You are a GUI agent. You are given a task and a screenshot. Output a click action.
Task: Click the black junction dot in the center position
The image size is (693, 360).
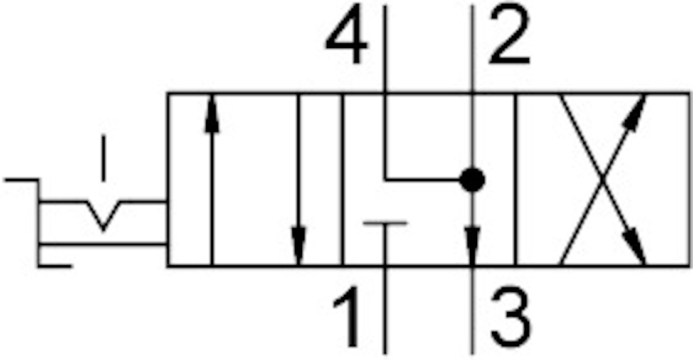472,180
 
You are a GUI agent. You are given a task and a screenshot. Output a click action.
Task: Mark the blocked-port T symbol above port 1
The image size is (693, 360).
385,223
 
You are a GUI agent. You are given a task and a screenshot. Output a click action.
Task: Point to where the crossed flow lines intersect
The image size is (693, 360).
603,179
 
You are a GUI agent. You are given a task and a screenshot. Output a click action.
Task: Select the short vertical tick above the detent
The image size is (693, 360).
103,157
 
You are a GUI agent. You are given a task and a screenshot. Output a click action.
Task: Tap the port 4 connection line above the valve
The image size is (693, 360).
385,46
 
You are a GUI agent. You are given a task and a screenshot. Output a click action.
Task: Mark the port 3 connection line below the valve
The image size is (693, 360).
472,312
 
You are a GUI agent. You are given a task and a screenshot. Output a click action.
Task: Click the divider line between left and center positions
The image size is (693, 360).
342,179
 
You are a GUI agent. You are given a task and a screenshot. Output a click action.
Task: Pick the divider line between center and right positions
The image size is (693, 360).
516,179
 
